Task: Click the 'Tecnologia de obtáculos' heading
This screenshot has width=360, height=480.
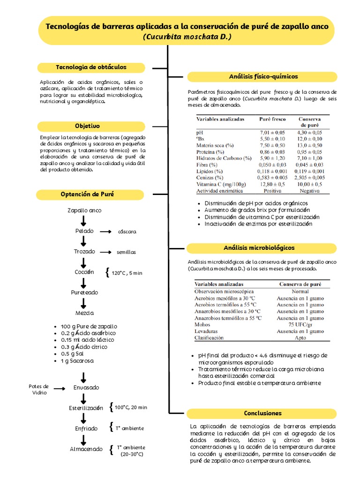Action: [x=91, y=67]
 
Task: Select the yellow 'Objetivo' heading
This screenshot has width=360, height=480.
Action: [x=87, y=126]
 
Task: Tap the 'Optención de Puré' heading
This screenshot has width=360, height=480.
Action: [x=87, y=194]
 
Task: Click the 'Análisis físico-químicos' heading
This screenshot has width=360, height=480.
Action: [x=263, y=76]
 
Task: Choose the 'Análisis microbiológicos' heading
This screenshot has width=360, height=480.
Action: [x=262, y=247]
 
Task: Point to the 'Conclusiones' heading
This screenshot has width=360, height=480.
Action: [x=262, y=413]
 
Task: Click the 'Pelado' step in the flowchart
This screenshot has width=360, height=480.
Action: [x=84, y=231]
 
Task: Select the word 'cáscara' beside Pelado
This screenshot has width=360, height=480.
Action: [x=127, y=232]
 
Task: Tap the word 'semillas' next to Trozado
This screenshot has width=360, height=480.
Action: [x=126, y=252]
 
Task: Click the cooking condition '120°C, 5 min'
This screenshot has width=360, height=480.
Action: [x=127, y=273]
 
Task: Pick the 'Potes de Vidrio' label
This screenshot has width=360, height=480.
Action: [x=38, y=389]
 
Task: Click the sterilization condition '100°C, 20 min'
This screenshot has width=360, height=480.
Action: [x=131, y=408]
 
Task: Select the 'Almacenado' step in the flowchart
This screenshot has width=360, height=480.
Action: [x=86, y=449]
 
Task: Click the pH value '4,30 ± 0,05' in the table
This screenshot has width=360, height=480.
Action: [x=310, y=133]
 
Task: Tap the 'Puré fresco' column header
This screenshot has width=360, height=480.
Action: [x=272, y=119]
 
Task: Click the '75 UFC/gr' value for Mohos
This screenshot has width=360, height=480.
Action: [x=300, y=324]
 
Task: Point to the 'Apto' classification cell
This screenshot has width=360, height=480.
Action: [x=300, y=337]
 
